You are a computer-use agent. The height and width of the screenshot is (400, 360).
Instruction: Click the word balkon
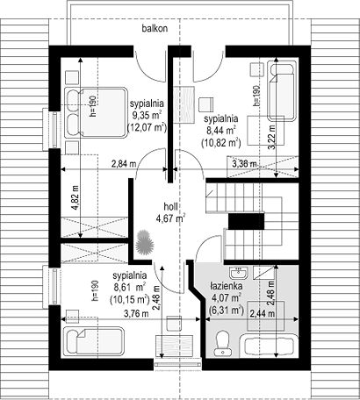[155, 29]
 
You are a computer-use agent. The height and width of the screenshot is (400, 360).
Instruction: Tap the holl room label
[170, 207]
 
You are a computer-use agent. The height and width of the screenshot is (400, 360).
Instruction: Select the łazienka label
[226, 286]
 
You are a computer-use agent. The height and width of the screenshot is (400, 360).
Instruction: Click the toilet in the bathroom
[223, 342]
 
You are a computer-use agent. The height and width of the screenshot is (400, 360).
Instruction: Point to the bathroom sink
[239, 274]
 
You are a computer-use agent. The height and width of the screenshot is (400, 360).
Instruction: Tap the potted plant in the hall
[145, 242]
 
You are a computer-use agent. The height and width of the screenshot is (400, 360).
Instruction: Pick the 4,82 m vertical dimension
[76, 197]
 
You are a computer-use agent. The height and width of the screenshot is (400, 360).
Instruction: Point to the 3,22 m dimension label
[272, 138]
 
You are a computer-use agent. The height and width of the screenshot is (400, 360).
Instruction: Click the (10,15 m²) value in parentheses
[129, 299]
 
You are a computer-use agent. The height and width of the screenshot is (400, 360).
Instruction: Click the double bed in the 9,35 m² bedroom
[96, 112]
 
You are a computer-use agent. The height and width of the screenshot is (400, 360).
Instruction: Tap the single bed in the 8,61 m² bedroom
[94, 341]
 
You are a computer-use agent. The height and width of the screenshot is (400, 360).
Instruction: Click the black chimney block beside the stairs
[246, 221]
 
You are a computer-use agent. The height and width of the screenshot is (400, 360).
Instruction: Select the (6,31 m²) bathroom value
[227, 310]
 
